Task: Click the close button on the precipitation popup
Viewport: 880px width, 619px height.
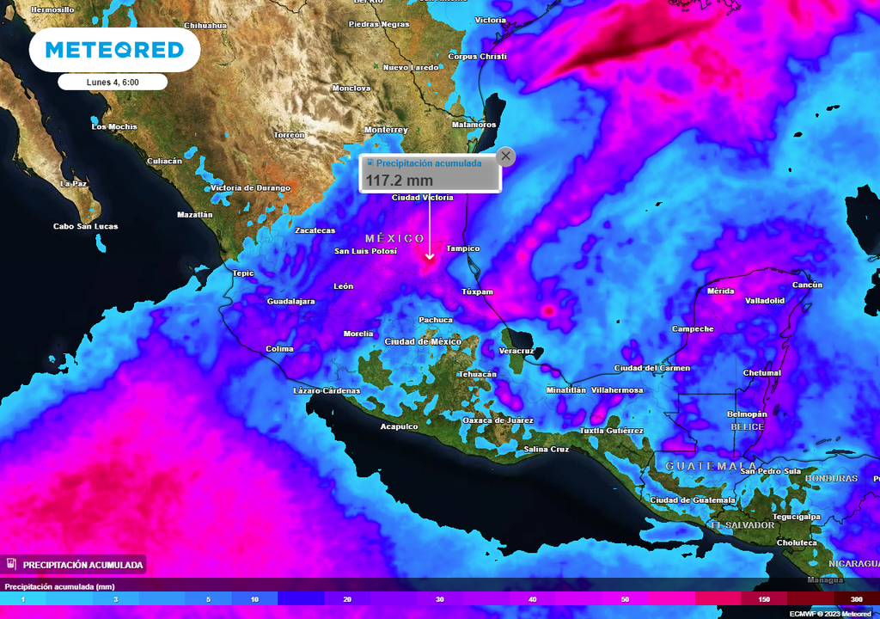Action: click(x=506, y=156)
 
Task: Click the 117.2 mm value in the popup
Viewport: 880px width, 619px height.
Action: click(x=400, y=181)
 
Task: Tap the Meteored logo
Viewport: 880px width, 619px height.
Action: click(x=114, y=50)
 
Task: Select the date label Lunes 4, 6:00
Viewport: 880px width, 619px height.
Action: click(x=113, y=83)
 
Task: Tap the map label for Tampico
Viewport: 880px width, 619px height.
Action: click(x=462, y=248)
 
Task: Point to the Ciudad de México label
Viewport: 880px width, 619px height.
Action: click(x=423, y=341)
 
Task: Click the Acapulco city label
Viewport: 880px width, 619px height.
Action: click(x=399, y=426)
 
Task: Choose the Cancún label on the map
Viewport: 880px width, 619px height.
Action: click(x=807, y=285)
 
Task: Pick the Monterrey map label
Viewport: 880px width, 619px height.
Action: click(x=386, y=130)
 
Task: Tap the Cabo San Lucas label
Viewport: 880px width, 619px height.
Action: click(x=86, y=226)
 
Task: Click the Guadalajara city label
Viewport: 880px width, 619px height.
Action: click(x=291, y=302)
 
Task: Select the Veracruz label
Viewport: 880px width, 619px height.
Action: click(x=516, y=351)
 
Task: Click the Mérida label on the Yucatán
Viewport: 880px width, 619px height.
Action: click(x=720, y=291)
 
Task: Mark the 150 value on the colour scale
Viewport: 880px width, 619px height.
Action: click(x=764, y=598)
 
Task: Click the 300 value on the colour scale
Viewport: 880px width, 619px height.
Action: click(x=856, y=598)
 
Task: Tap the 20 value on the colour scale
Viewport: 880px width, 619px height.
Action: click(x=346, y=598)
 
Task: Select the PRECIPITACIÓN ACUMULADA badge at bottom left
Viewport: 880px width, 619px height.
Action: click(x=75, y=564)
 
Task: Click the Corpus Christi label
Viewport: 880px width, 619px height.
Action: click(x=478, y=57)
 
